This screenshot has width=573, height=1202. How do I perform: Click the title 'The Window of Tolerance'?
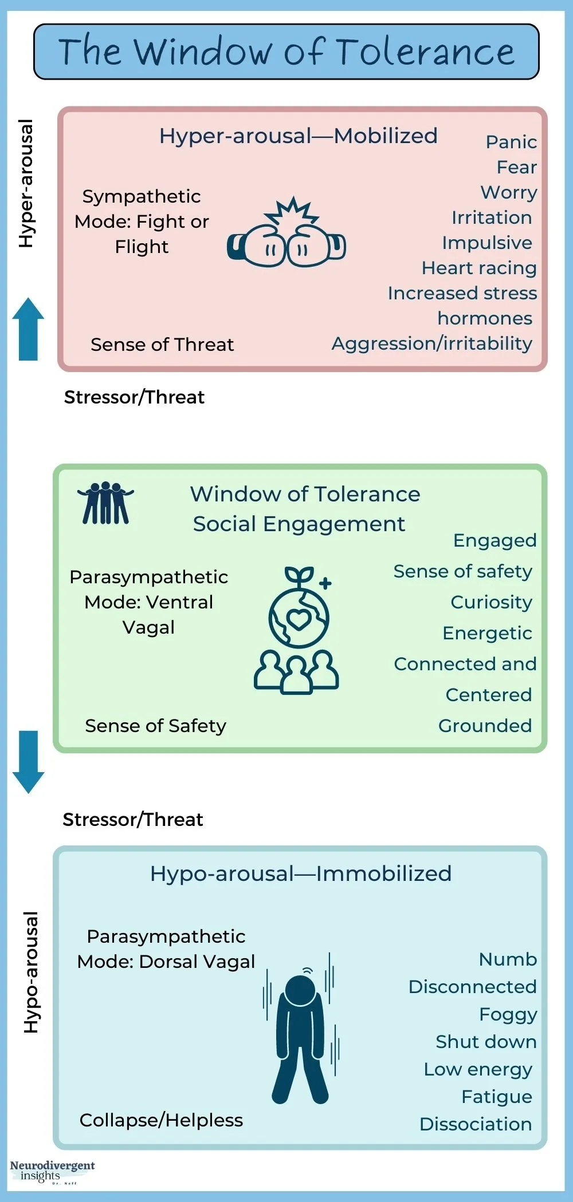pos(286,52)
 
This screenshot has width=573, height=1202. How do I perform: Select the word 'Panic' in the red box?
pos(511,142)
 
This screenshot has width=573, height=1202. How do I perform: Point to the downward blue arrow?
pos(28,761)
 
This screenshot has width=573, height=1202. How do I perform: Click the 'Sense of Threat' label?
pos(162,345)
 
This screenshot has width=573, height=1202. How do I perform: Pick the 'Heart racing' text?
pos(479,268)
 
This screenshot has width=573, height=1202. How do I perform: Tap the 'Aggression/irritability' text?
pos(432,343)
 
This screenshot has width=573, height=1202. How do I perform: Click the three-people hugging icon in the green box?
pos(105,503)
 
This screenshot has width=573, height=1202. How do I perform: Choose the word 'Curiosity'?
pos(491,602)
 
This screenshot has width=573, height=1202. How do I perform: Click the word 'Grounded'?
pos(485,726)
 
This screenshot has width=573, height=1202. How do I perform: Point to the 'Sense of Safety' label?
pos(155,726)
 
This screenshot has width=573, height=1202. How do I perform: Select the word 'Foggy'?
pos(508,1014)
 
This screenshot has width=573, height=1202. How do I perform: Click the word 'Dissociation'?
pos(476,1124)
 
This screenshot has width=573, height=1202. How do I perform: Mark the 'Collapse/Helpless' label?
pos(161,1120)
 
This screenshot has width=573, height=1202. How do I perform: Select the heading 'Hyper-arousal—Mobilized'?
pos(298,136)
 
